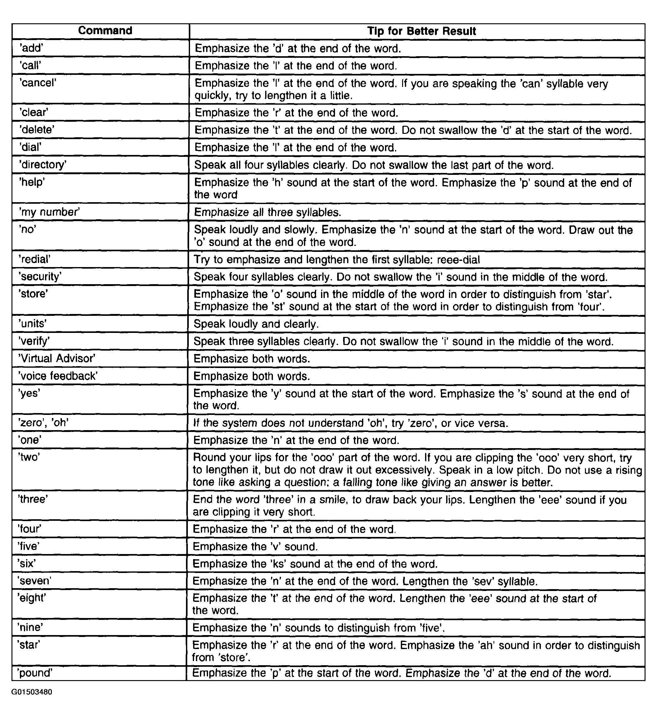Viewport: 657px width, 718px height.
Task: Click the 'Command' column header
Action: click(x=105, y=31)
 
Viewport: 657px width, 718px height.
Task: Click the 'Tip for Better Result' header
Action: click(x=421, y=31)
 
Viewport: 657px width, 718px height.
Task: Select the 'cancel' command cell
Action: click(x=38, y=83)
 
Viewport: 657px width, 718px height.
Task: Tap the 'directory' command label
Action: click(x=43, y=165)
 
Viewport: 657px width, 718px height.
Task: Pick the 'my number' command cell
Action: click(x=49, y=212)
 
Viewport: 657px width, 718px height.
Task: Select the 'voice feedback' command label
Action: click(x=58, y=376)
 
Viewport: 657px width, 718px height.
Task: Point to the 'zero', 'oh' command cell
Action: click(x=43, y=423)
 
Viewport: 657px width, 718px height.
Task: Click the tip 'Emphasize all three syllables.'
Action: click(x=267, y=213)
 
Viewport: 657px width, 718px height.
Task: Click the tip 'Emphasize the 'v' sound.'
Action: click(x=255, y=547)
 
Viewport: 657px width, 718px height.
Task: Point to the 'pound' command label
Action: click(x=36, y=673)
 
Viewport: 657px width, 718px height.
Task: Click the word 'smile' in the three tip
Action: click(x=331, y=500)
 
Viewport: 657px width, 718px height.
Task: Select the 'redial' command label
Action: click(x=34, y=259)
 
